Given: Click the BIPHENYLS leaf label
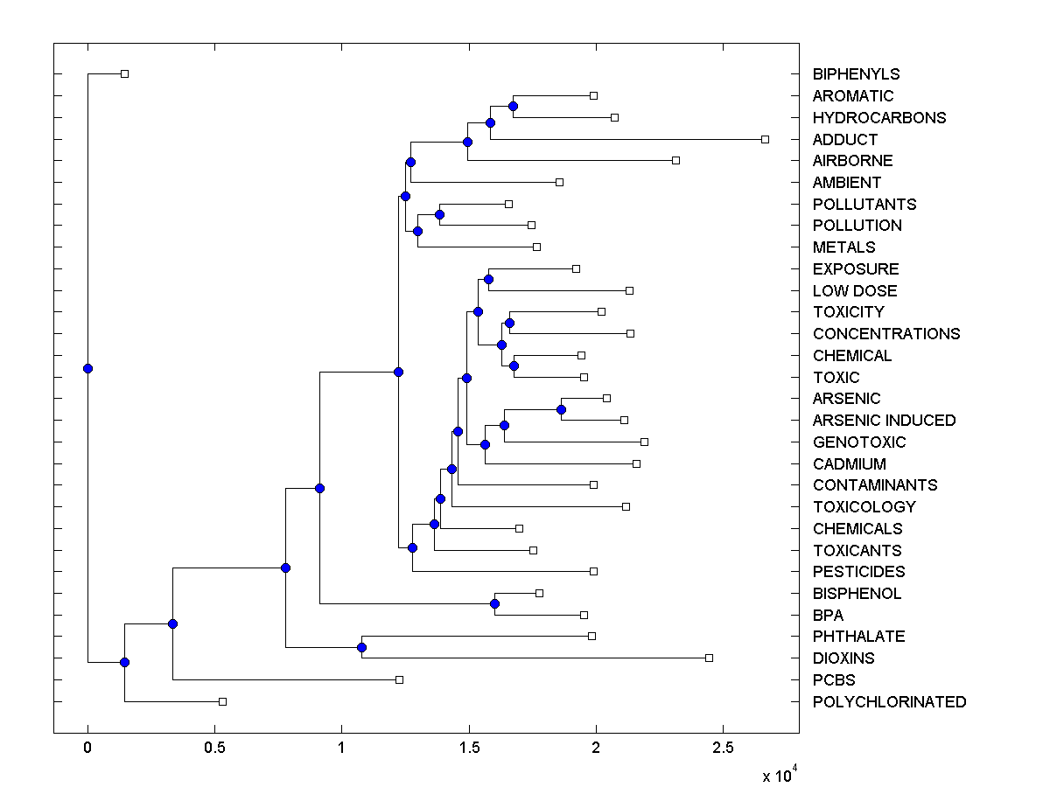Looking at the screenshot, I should (856, 74).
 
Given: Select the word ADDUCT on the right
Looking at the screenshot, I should (844, 140).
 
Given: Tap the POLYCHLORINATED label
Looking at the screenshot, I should (889, 702).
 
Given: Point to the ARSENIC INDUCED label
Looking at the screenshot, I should (884, 421).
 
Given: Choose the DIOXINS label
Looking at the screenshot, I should (843, 658).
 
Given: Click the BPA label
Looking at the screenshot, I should (828, 616).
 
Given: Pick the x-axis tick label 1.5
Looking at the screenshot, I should (468, 748).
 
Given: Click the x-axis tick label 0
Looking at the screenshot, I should (87, 748).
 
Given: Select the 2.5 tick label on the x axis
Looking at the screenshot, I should (723, 748).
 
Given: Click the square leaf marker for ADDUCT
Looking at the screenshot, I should (765, 139).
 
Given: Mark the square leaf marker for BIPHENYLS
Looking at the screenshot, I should (124, 73).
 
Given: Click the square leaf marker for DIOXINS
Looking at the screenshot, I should (709, 658).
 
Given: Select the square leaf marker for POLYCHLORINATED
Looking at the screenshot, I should (222, 701).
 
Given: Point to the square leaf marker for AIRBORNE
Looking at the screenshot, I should (675, 160).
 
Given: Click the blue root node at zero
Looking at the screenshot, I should (87, 368).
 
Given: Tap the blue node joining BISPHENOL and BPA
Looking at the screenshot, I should (494, 603).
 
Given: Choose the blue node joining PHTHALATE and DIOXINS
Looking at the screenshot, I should (361, 647).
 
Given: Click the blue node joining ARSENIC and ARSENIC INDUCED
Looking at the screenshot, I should (561, 409).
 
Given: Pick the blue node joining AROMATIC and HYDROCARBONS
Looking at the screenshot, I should (513, 106).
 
